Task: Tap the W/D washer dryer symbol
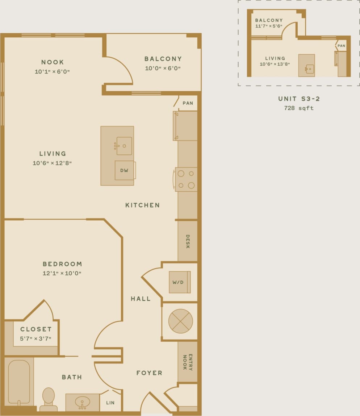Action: click(x=180, y=282)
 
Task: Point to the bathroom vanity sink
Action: click(x=83, y=402)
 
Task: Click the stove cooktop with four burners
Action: click(x=186, y=179)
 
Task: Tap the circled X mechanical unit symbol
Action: click(x=180, y=321)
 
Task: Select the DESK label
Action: click(x=188, y=241)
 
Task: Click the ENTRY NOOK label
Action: click(x=187, y=362)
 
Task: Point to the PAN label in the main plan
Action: click(x=188, y=103)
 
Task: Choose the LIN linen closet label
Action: click(x=110, y=403)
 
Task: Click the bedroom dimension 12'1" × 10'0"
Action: click(x=62, y=274)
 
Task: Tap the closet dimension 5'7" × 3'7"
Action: click(x=35, y=339)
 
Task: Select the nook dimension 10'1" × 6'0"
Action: click(x=52, y=72)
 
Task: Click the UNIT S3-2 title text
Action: click(x=299, y=99)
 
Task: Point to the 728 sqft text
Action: click(x=299, y=108)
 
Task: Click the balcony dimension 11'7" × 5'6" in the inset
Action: click(x=269, y=26)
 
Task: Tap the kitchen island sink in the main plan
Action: click(x=124, y=146)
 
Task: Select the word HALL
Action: click(x=141, y=299)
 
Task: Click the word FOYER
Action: click(x=149, y=373)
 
